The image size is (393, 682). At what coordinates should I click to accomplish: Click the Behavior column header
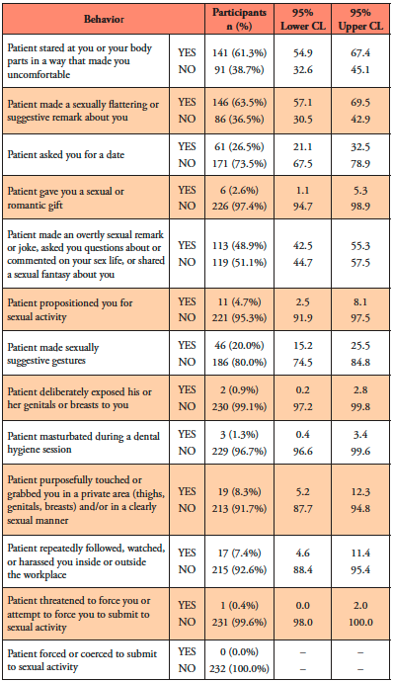click(104, 19)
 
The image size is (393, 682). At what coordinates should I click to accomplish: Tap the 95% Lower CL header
click(302, 19)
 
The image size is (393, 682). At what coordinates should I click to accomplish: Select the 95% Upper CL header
click(360, 19)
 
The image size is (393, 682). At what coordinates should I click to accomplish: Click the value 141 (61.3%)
click(239, 52)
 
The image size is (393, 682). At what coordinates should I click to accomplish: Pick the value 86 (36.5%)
click(239, 119)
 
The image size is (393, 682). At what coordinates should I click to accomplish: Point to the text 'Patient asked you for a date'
click(65, 155)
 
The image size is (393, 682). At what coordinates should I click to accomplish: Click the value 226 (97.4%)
click(239, 206)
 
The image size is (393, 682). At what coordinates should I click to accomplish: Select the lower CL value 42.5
click(302, 246)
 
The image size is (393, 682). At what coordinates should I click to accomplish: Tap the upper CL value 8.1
click(360, 301)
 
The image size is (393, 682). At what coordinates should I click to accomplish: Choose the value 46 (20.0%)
click(239, 345)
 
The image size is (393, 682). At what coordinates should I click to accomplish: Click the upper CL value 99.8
click(360, 406)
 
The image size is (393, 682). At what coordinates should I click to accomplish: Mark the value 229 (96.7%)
click(239, 451)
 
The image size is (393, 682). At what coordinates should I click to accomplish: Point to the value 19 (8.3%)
click(239, 491)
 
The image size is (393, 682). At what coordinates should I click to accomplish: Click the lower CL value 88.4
click(302, 569)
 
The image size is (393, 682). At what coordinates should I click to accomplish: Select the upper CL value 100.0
click(360, 622)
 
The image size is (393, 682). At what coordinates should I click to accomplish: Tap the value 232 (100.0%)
click(239, 668)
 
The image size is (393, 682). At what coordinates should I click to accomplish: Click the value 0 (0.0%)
click(239, 651)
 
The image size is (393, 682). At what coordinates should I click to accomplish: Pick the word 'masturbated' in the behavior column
click(59, 436)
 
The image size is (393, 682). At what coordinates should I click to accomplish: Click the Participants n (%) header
click(239, 19)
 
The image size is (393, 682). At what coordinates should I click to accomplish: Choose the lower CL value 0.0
click(302, 606)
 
